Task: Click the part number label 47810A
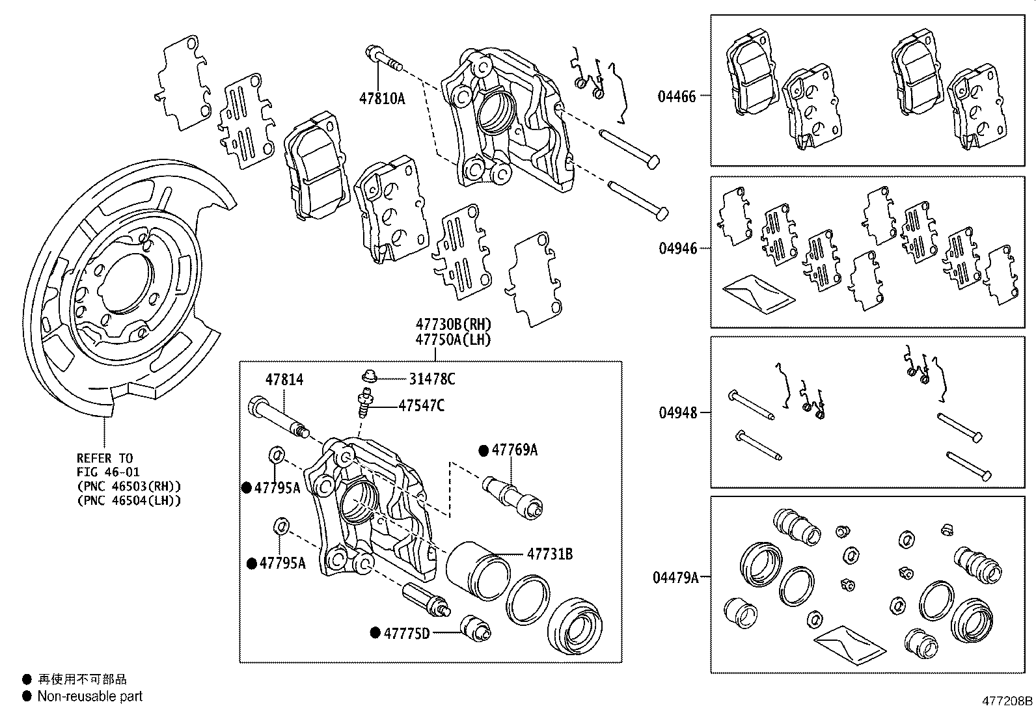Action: click(x=381, y=99)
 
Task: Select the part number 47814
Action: click(x=284, y=380)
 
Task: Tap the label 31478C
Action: click(x=431, y=379)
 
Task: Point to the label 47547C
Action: click(x=421, y=406)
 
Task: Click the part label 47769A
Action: click(x=514, y=450)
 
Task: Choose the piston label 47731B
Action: click(x=549, y=554)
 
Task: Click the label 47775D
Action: click(x=406, y=632)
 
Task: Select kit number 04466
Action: click(x=676, y=96)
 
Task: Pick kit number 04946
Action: click(x=677, y=248)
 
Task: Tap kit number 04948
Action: click(x=677, y=412)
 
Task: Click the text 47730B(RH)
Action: click(x=454, y=324)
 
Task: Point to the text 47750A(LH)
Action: click(x=453, y=340)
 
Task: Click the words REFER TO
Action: click(x=104, y=458)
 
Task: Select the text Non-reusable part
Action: click(x=90, y=696)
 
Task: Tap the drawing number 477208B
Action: click(x=1007, y=701)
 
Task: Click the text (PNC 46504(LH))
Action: click(x=128, y=500)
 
